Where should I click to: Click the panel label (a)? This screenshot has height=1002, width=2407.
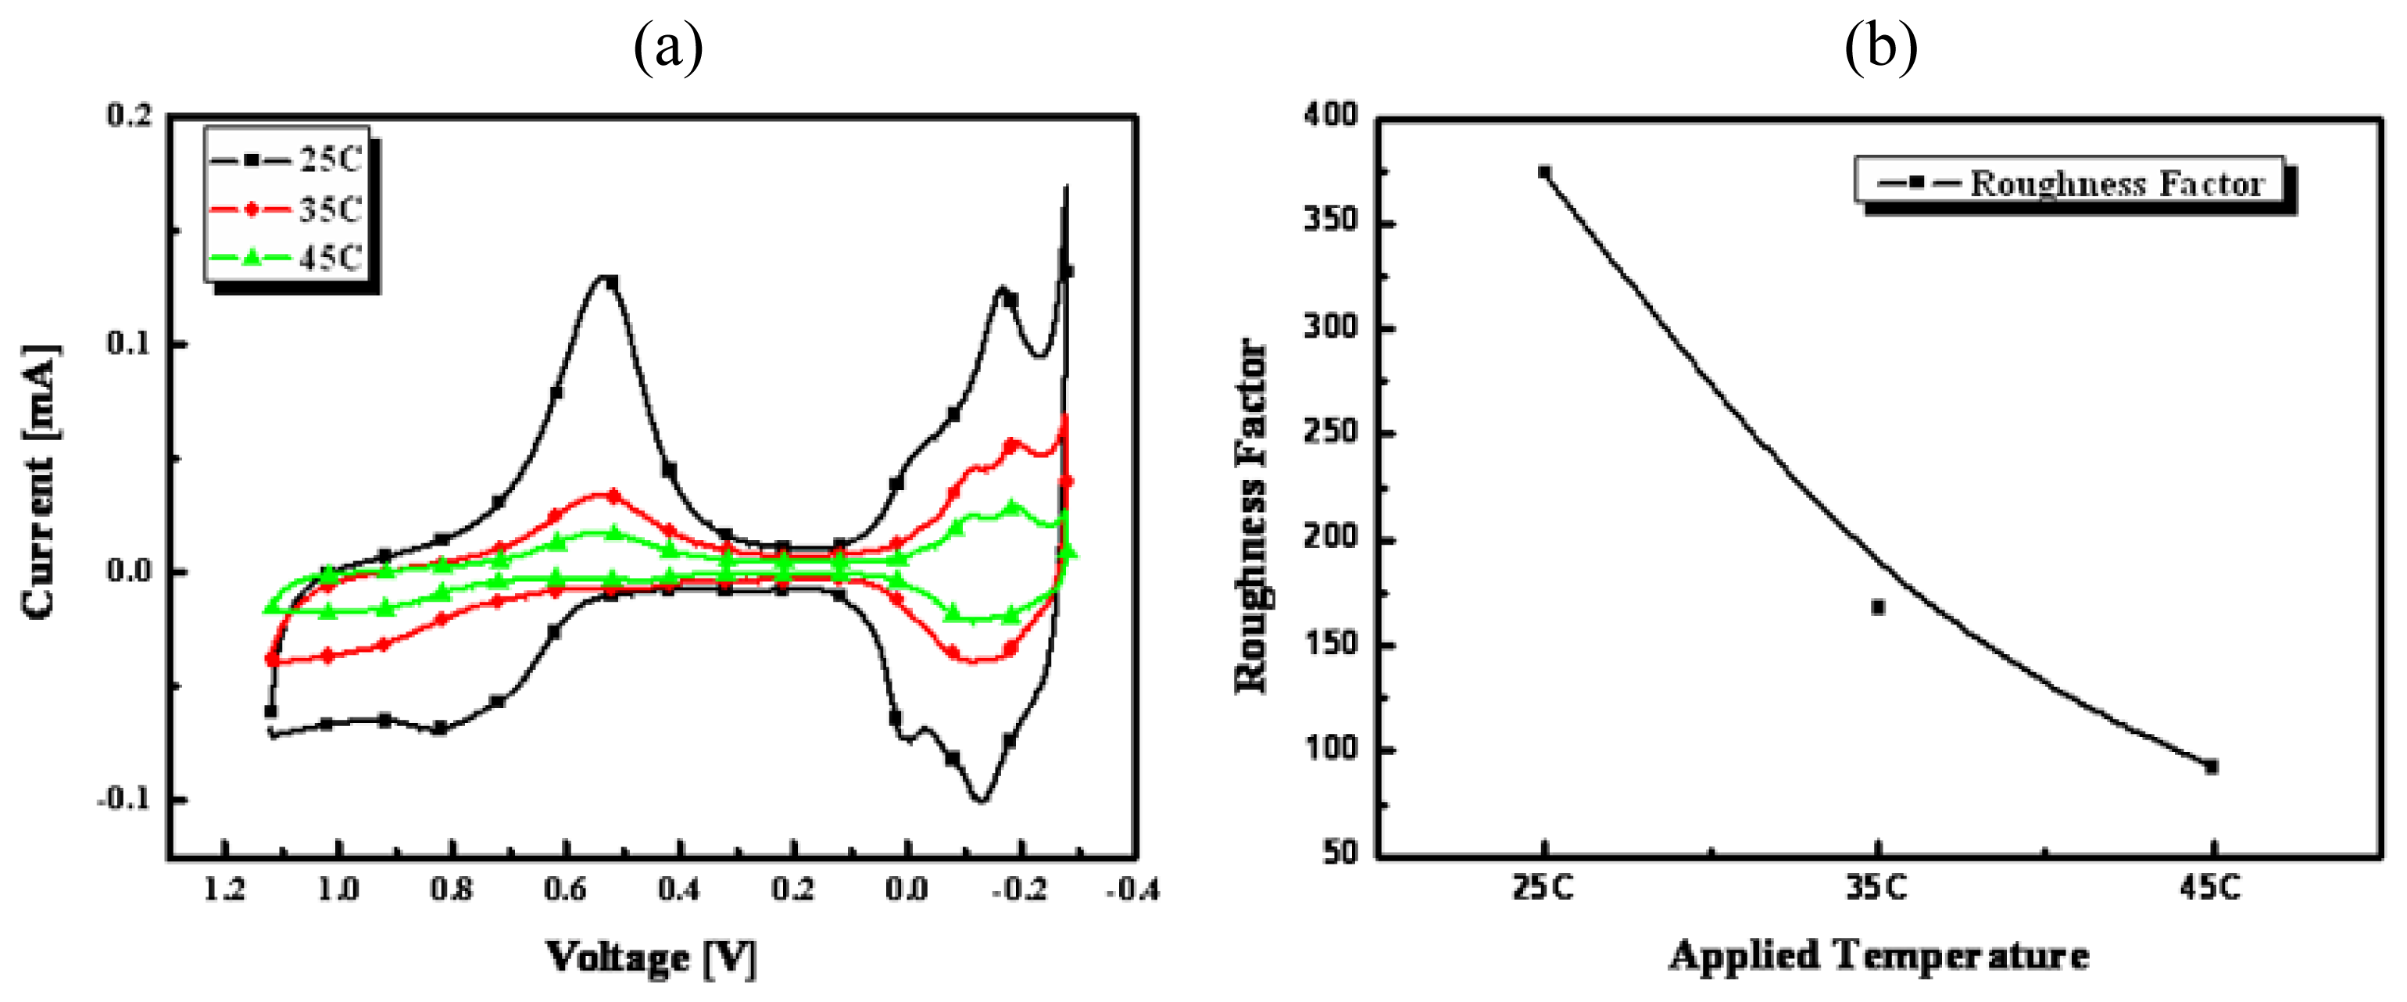[667, 47]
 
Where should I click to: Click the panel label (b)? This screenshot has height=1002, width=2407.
[1880, 47]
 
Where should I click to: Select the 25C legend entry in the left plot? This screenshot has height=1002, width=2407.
[286, 159]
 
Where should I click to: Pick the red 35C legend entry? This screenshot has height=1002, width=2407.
[286, 209]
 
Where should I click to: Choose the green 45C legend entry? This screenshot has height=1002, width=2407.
[286, 258]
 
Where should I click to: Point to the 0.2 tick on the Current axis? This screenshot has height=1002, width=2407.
[129, 116]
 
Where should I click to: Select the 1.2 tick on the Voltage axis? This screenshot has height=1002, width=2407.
[224, 889]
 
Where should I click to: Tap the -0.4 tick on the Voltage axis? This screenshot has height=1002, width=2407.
[1132, 889]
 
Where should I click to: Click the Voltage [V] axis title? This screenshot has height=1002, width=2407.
[651, 957]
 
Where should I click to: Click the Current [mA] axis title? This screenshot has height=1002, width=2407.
[39, 481]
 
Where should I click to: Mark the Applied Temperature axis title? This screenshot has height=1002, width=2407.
[1878, 955]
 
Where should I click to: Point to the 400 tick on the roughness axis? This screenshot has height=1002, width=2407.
[1331, 115]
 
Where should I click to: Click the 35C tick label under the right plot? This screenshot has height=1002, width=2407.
[1876, 886]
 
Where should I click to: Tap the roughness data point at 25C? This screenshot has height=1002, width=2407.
[1543, 173]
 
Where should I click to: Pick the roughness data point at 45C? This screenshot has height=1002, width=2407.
[2211, 767]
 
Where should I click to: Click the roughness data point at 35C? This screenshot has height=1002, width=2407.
[1877, 607]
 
